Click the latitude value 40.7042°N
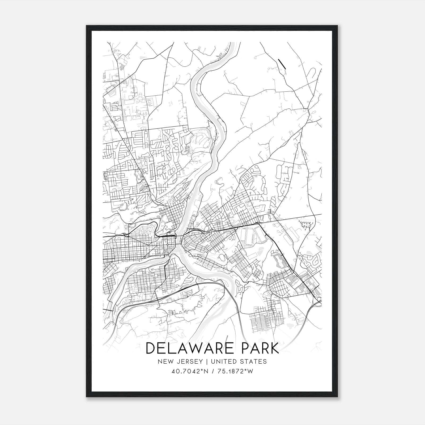point(189,371)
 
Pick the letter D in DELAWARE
point(151,348)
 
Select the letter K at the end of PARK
point(274,348)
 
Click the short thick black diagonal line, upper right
point(282,64)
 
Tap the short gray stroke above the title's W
point(227,339)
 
